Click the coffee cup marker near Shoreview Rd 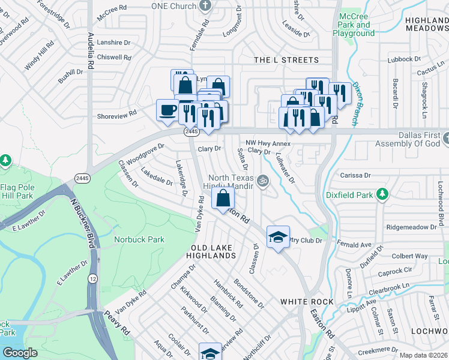tap(167, 110)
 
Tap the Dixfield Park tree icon tap(381, 194)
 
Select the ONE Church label tap(173, 6)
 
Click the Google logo tap(20, 353)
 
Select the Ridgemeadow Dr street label tap(412, 227)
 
